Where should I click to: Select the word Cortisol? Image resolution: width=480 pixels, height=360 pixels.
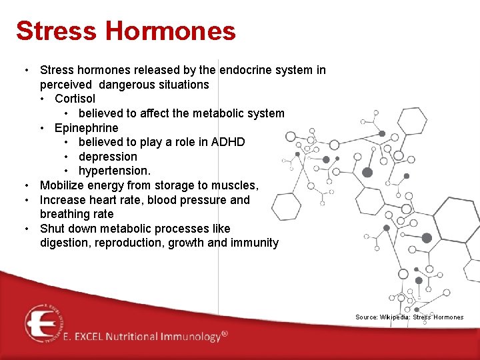[x=75, y=99]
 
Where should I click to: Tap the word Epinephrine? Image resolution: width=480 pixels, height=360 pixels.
[x=86, y=127]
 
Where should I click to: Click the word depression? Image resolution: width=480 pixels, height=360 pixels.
[x=107, y=157]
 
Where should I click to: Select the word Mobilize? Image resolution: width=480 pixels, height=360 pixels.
[x=63, y=185]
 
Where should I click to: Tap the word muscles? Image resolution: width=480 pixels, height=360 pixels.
[x=238, y=185]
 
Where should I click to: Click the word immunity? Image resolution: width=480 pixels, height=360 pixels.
[x=254, y=243]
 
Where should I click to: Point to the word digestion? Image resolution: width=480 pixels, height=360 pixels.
[x=65, y=243]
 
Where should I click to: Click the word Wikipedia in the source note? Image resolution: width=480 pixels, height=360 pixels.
[x=395, y=317]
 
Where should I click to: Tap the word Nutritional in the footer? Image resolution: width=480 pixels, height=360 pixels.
[x=123, y=337]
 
